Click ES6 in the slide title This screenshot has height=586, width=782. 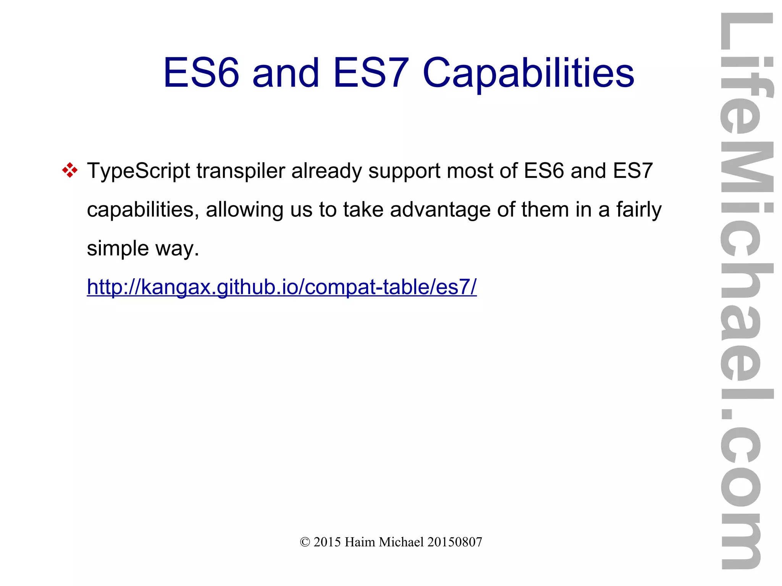tap(201, 73)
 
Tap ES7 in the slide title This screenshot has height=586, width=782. tap(371, 73)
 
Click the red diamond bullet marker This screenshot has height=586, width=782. tap(70, 170)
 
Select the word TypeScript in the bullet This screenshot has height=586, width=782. tap(139, 171)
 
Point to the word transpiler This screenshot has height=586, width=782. tap(241, 171)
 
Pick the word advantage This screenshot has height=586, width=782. tap(440, 210)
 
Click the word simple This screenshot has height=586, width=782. tap(118, 249)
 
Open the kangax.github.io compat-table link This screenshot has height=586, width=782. tap(282, 287)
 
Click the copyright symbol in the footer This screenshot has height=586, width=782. tap(305, 542)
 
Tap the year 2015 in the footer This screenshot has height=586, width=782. tap(327, 542)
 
